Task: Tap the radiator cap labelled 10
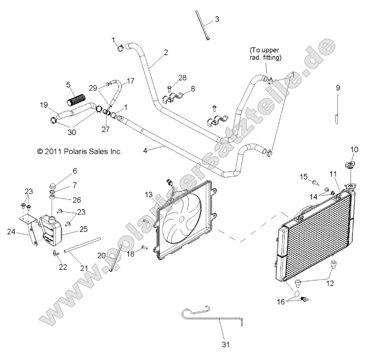pyautogui.click(x=348, y=164)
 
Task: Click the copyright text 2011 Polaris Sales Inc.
pyautogui.click(x=79, y=151)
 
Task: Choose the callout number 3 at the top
pyautogui.click(x=217, y=19)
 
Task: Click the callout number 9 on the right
pyautogui.click(x=338, y=87)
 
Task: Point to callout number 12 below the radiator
pyautogui.click(x=330, y=282)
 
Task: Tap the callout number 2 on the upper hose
pyautogui.click(x=166, y=52)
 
